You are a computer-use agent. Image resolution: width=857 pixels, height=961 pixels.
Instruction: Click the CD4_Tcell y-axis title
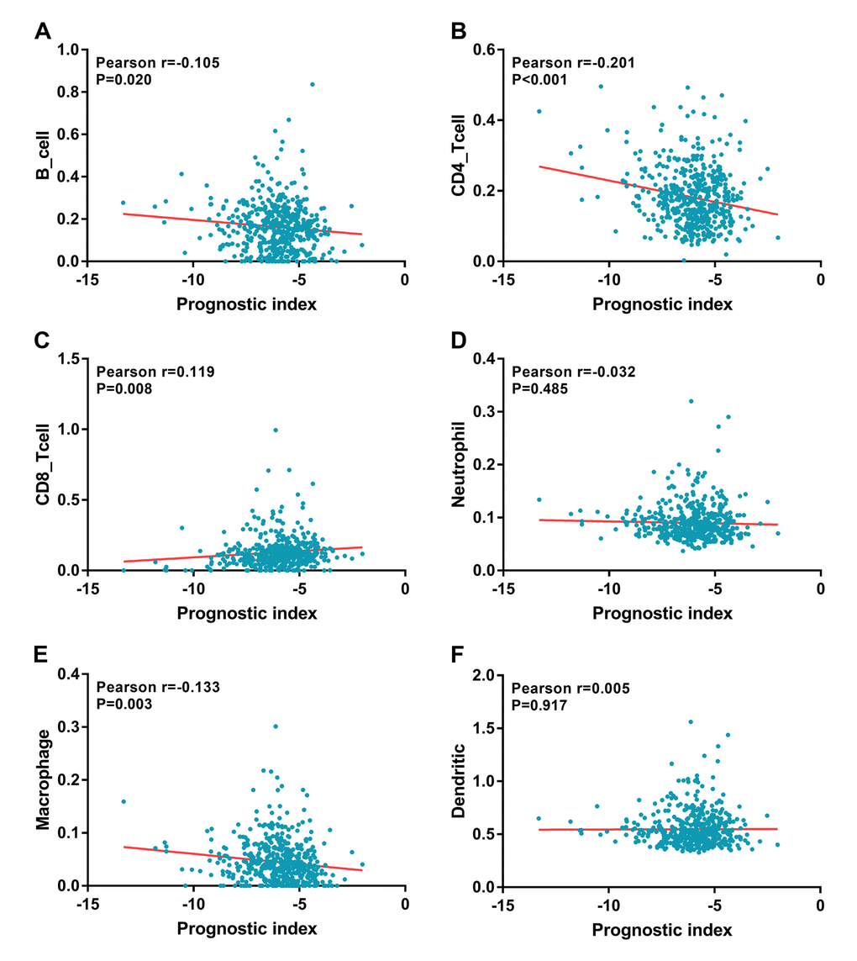tap(459, 156)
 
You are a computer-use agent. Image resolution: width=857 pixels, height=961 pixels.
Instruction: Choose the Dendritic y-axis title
tap(459, 779)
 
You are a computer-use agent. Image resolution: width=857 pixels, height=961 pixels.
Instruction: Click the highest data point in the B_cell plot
tap(312, 84)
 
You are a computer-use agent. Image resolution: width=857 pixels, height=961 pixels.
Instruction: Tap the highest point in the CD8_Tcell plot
tap(275, 430)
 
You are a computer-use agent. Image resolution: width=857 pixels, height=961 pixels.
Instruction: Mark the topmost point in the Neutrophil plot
tap(691, 401)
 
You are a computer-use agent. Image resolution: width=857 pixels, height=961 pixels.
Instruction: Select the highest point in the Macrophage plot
tap(275, 726)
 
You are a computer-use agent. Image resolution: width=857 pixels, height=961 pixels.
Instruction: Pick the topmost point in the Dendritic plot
tap(691, 721)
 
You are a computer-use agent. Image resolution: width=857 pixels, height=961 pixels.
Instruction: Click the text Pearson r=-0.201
tap(573, 63)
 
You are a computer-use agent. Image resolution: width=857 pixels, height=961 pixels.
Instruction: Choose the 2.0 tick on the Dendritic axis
tap(489, 674)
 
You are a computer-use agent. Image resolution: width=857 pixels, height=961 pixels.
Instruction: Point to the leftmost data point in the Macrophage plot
tap(124, 801)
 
